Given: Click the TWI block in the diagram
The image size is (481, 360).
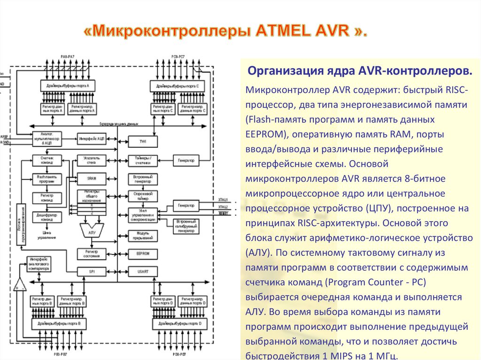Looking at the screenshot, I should point(142,141).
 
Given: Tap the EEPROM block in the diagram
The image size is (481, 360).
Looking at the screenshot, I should point(142,253).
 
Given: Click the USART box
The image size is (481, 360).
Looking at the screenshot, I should point(142,271).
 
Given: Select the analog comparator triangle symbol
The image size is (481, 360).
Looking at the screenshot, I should point(20,284).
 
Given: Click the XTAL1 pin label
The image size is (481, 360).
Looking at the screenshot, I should point(223,199).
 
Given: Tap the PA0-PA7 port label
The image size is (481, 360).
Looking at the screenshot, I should point(68,57).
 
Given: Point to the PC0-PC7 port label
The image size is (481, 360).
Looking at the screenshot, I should point(178,57).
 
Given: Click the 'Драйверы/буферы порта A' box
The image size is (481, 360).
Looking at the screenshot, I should point(68,86).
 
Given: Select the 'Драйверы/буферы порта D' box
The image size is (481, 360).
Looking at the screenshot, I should point(179,324).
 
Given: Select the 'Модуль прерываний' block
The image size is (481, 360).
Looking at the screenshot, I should point(142,235).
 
